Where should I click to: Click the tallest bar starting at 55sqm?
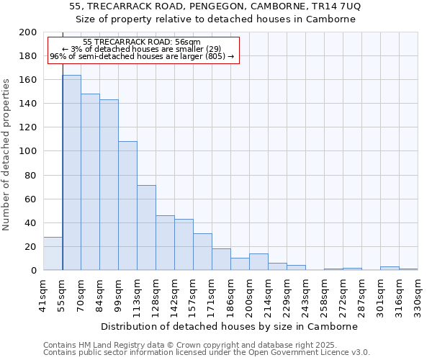coord(72,173)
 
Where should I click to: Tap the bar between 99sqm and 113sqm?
coord(127,206)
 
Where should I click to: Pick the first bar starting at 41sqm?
coord(53,253)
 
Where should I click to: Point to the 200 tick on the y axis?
coord(27,32)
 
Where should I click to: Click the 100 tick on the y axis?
coord(27,151)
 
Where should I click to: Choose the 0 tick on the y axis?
coord(33,271)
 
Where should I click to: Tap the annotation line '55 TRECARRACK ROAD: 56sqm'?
coord(142,42)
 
